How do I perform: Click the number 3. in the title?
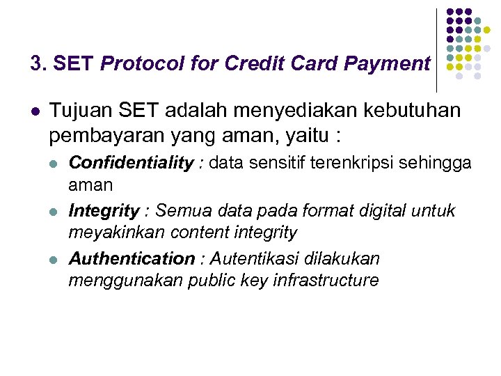pyautogui.click(x=38, y=64)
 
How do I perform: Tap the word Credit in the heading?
pyautogui.click(x=244, y=64)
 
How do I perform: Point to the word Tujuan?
pyautogui.click(x=79, y=111)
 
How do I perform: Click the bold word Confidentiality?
pyautogui.click(x=132, y=163)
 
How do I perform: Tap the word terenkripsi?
pyautogui.click(x=340, y=163)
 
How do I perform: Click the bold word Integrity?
pyautogui.click(x=104, y=211)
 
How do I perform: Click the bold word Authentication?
pyautogui.click(x=132, y=259)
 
